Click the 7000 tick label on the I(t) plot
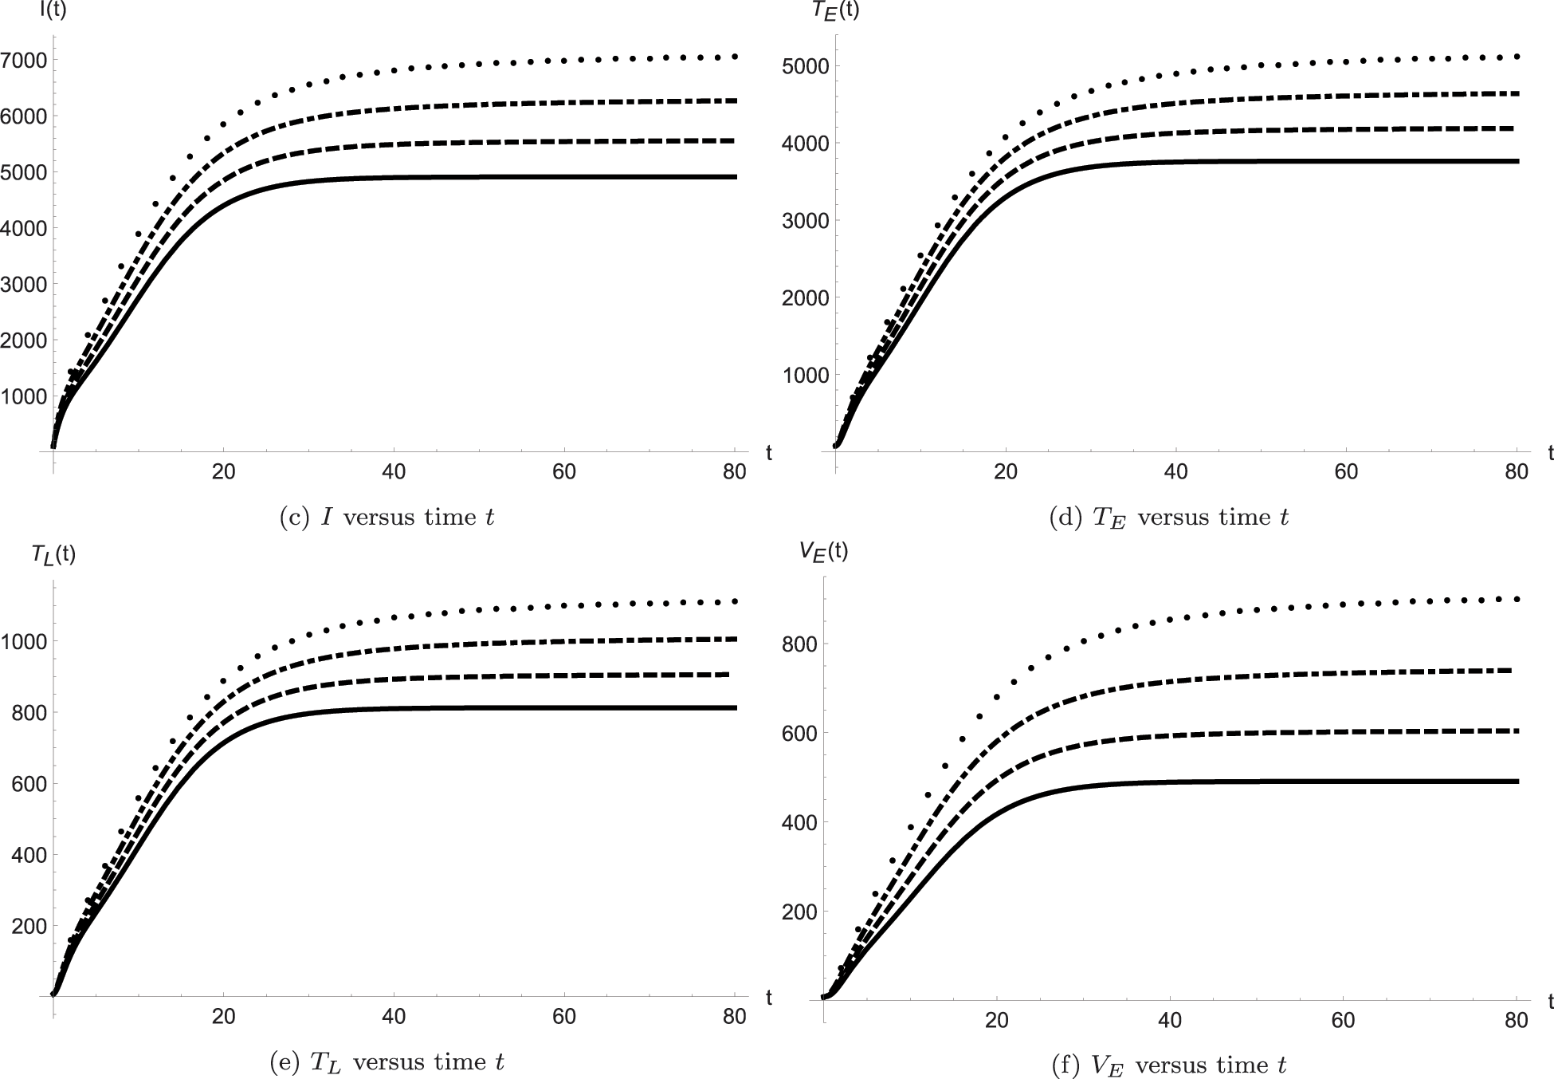24,60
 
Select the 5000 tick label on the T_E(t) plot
806,66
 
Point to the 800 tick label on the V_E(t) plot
797,644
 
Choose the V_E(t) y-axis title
825,552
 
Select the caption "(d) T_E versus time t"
1169,518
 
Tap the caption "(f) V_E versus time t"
1169,1065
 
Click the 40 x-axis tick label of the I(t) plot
394,472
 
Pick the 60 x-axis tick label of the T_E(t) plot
1346,472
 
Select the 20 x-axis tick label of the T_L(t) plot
223,1017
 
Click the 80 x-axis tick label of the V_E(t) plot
1516,1020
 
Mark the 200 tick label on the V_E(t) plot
797,912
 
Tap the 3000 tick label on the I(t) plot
24,284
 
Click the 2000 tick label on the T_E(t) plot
806,297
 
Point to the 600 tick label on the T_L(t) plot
29,784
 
